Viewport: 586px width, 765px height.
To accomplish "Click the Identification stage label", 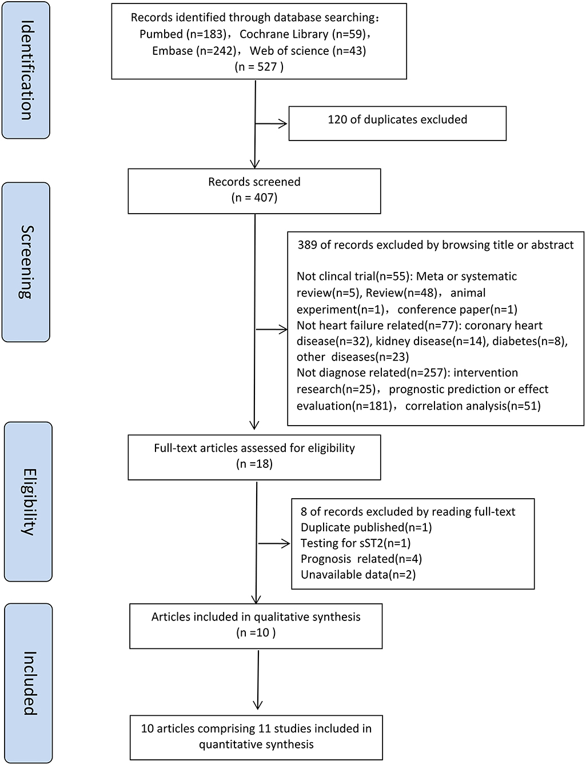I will tap(26, 70).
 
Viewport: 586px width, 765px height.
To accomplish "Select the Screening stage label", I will tap(26, 262).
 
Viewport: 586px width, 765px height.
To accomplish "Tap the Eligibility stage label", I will tap(27, 501).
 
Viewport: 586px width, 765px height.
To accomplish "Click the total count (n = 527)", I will tap(259, 67).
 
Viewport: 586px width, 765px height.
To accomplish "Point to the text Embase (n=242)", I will tap(194, 51).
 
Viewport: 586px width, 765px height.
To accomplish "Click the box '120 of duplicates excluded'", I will tap(397, 122).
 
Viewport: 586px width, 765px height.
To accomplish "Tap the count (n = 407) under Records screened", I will tap(254, 198).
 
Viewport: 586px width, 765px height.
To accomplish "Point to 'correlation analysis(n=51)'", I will tap(473, 406).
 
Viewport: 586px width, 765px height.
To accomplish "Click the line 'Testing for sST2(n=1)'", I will tap(356, 543).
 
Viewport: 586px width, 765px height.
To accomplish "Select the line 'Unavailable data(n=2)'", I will tap(358, 575).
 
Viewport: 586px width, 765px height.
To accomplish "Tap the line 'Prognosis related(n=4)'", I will tap(361, 559).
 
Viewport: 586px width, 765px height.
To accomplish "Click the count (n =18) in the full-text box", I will tap(254, 464).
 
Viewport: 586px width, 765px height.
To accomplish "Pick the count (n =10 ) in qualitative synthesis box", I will tap(256, 632).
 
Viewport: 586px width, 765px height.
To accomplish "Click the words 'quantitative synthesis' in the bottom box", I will tap(256, 744).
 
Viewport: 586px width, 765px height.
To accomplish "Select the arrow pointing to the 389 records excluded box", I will tap(272, 329).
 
